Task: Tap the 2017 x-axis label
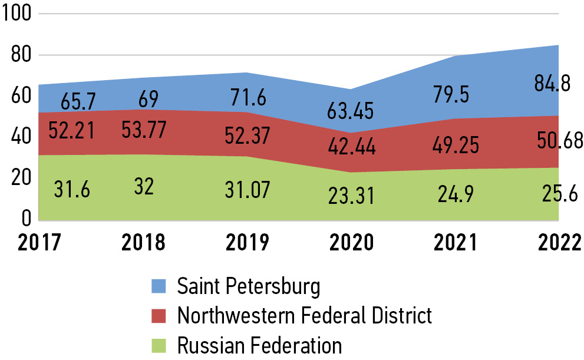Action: coord(39,242)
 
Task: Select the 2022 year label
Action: coord(560,242)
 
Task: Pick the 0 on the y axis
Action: coord(25,219)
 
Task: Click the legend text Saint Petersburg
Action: coord(249,287)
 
